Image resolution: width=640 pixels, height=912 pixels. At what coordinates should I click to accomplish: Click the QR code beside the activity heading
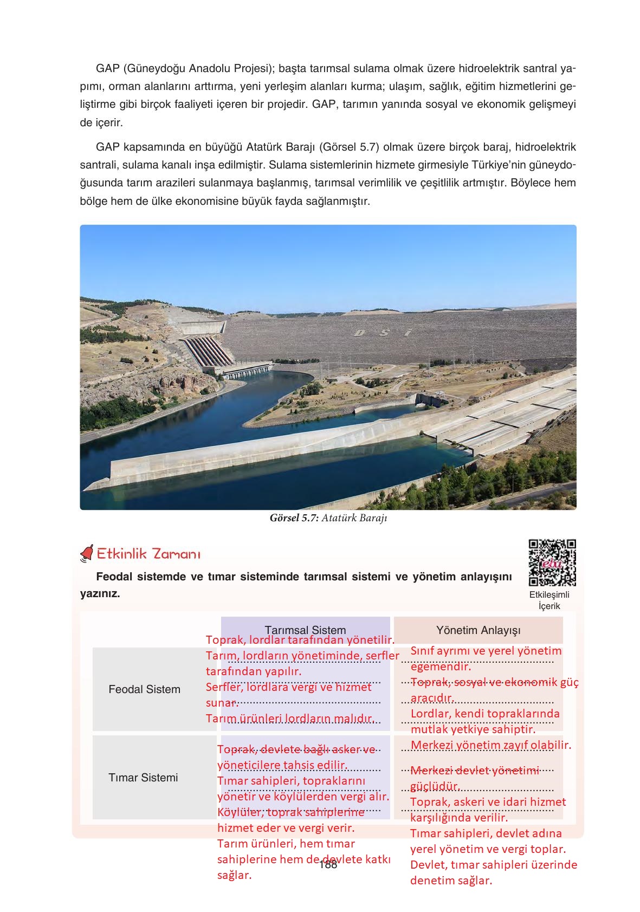point(552,562)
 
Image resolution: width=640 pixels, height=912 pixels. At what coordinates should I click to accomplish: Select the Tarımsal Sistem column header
point(305,630)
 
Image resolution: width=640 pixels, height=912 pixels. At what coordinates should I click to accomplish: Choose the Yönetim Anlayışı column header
point(478,630)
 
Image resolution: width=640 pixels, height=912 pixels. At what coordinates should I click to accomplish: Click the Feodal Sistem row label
point(144,689)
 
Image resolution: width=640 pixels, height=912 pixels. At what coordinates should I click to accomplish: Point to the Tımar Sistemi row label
point(143,778)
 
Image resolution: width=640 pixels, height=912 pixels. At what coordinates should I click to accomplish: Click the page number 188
point(328,865)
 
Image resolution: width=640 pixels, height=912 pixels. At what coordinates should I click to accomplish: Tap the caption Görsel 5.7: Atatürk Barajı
point(328,518)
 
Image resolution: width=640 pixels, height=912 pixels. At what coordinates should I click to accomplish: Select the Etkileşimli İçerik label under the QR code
point(549,600)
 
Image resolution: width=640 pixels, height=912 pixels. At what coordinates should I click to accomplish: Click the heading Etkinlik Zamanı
point(148,554)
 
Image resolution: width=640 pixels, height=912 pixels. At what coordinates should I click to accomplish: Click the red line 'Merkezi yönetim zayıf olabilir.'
point(490,745)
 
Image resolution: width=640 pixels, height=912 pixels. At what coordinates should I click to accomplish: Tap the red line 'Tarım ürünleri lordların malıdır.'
point(290,719)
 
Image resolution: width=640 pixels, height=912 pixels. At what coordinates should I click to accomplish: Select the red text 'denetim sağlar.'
point(451,881)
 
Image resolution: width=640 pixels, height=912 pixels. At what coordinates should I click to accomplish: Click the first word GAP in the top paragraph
point(107,69)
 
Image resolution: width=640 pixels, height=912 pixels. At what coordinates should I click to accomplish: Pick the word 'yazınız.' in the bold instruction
point(100,594)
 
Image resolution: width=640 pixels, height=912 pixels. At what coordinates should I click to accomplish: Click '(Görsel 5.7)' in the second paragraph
point(346,147)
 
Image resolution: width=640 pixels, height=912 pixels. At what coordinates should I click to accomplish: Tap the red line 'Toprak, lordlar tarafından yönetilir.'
point(300,640)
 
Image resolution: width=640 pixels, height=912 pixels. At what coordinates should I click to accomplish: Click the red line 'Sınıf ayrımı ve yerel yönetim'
point(486,651)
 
